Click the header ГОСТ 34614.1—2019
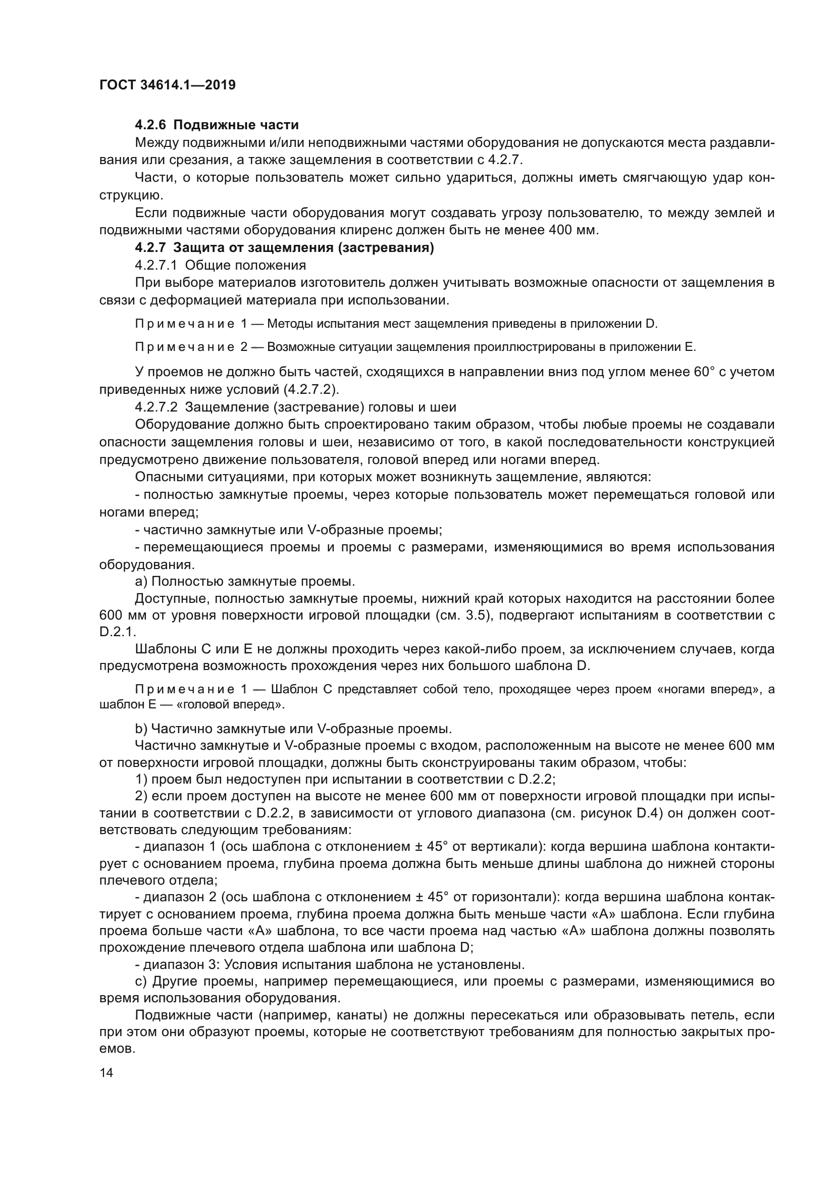point(167,85)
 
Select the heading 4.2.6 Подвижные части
point(217,125)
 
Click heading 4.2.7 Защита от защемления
point(284,248)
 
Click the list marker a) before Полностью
point(141,582)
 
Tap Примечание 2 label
point(191,347)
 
